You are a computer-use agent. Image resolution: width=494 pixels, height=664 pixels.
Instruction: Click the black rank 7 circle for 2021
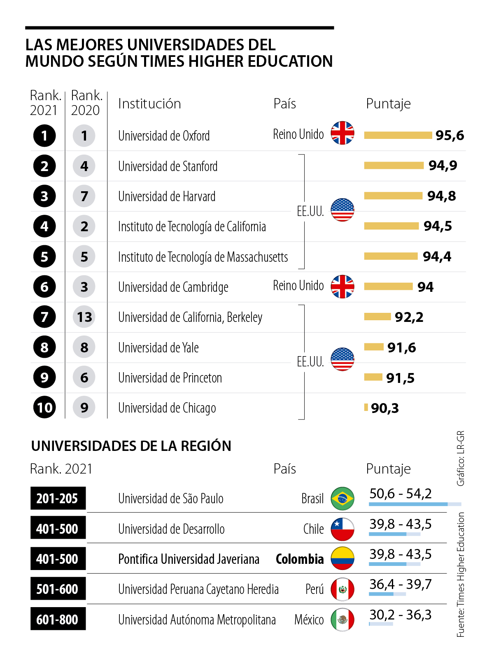(x=44, y=317)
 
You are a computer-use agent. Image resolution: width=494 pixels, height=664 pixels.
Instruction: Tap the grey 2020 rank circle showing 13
(x=84, y=317)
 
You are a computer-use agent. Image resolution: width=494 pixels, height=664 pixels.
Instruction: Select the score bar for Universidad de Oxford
(x=398, y=135)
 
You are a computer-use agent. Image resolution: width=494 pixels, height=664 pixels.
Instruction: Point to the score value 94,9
(x=443, y=165)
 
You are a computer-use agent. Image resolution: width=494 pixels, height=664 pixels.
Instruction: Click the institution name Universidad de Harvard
(x=167, y=197)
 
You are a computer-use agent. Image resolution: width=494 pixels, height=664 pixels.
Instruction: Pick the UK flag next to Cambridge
(x=343, y=286)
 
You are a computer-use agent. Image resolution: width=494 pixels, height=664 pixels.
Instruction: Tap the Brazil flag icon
(x=343, y=498)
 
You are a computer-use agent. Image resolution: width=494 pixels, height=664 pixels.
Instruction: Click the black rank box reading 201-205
(x=58, y=498)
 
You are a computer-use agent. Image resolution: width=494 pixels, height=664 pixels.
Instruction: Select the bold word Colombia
(x=300, y=559)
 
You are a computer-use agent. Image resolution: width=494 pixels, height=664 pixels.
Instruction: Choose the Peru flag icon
(x=343, y=589)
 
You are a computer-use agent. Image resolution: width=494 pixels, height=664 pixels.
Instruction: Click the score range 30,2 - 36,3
(x=400, y=615)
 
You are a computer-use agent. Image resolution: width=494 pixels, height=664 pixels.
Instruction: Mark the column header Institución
(x=149, y=103)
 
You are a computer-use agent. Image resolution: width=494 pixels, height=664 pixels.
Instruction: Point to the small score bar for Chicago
(x=366, y=408)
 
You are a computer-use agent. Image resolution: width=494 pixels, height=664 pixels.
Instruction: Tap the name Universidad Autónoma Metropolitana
(x=197, y=619)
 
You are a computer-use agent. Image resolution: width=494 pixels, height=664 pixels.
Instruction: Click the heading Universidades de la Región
(x=131, y=446)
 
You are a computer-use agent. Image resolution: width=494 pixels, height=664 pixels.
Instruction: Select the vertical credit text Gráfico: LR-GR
(x=461, y=458)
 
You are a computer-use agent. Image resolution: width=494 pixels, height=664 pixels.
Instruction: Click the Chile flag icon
(x=343, y=529)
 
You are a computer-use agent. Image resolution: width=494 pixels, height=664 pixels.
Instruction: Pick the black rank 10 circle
(x=44, y=408)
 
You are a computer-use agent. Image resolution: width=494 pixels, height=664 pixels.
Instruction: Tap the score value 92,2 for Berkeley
(x=409, y=317)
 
